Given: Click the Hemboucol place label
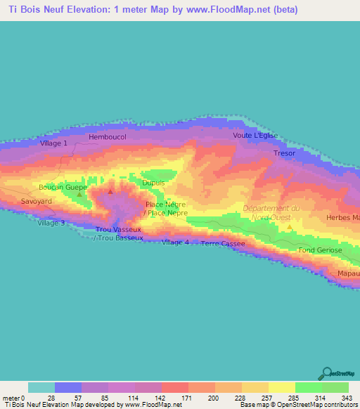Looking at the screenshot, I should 108,137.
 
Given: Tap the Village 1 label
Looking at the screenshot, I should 54,143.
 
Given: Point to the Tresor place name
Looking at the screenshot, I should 284,152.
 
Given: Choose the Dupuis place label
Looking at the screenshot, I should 153,183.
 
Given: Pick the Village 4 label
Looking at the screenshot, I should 175,242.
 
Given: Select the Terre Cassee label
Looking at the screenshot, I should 223,244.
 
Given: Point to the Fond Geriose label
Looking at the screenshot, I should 320,250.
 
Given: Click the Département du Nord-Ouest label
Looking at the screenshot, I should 271,212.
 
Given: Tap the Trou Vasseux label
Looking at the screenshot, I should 118,230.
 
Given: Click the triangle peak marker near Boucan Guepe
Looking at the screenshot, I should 79,194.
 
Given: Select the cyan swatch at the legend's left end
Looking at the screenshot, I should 41,387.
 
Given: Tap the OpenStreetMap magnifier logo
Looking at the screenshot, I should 326,373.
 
